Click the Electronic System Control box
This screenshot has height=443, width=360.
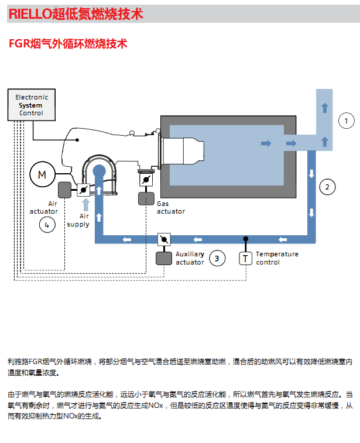[x=32, y=105]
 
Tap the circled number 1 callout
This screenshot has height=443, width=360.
[x=347, y=121]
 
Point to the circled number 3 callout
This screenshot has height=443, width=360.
[x=217, y=258]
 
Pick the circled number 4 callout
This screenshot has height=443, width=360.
[x=47, y=224]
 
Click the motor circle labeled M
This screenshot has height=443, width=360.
[x=42, y=174]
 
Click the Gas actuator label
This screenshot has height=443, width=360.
[x=170, y=207]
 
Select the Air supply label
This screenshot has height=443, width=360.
[x=78, y=220]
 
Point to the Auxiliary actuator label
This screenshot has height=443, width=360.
[x=190, y=258]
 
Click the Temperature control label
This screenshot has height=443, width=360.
[x=277, y=258]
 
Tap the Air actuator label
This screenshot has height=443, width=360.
[x=44, y=207]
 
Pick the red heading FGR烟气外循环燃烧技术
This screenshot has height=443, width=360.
[x=68, y=44]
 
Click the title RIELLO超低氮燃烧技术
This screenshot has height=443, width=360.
[x=76, y=14]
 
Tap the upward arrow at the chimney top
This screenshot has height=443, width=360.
[x=325, y=107]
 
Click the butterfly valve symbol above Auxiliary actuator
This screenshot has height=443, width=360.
[x=164, y=239]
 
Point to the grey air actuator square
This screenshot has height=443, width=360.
[x=65, y=189]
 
